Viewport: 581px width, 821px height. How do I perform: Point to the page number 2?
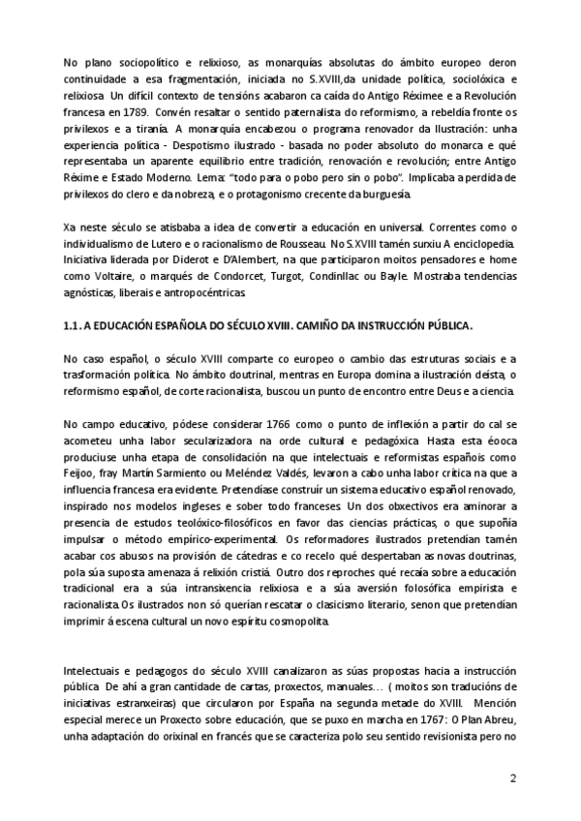(513, 778)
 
